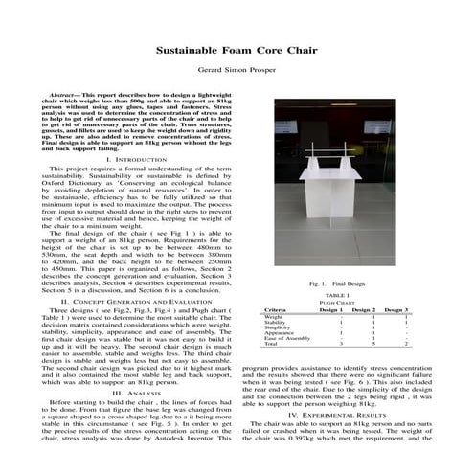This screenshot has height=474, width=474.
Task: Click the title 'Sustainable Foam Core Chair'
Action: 237,45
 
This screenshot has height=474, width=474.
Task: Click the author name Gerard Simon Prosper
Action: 237,70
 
